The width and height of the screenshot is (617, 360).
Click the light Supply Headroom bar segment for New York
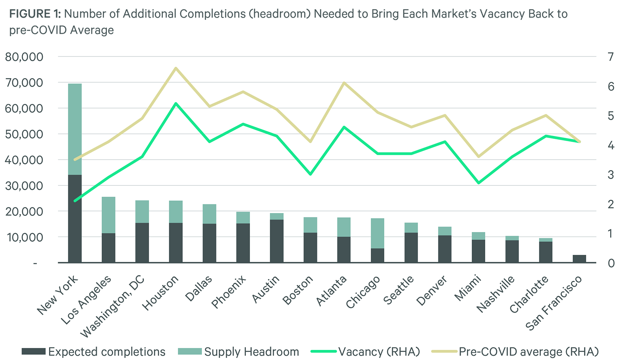tap(75, 129)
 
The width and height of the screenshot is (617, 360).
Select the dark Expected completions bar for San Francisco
tap(579, 259)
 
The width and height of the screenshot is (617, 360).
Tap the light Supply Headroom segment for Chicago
tap(378, 233)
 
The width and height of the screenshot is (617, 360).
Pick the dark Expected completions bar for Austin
tap(277, 241)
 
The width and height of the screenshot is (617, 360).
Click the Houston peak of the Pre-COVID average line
tap(176, 68)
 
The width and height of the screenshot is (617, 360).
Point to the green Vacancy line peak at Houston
tap(176, 103)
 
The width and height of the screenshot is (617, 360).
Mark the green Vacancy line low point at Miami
tap(479, 183)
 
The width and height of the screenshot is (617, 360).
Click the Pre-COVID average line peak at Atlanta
tap(344, 83)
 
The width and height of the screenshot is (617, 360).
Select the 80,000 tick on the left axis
tap(24, 57)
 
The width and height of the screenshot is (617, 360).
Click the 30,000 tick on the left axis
tap(24, 186)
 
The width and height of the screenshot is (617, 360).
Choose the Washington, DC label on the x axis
tap(113, 306)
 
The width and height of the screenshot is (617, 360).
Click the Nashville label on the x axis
tap(495, 294)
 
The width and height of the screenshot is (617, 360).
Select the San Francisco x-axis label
tap(554, 303)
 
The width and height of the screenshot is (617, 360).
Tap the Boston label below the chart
tap(298, 290)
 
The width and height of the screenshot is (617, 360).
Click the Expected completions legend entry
tap(94, 352)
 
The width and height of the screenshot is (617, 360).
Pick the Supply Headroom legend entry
tap(239, 352)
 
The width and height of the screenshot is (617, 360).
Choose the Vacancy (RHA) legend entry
tap(366, 352)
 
